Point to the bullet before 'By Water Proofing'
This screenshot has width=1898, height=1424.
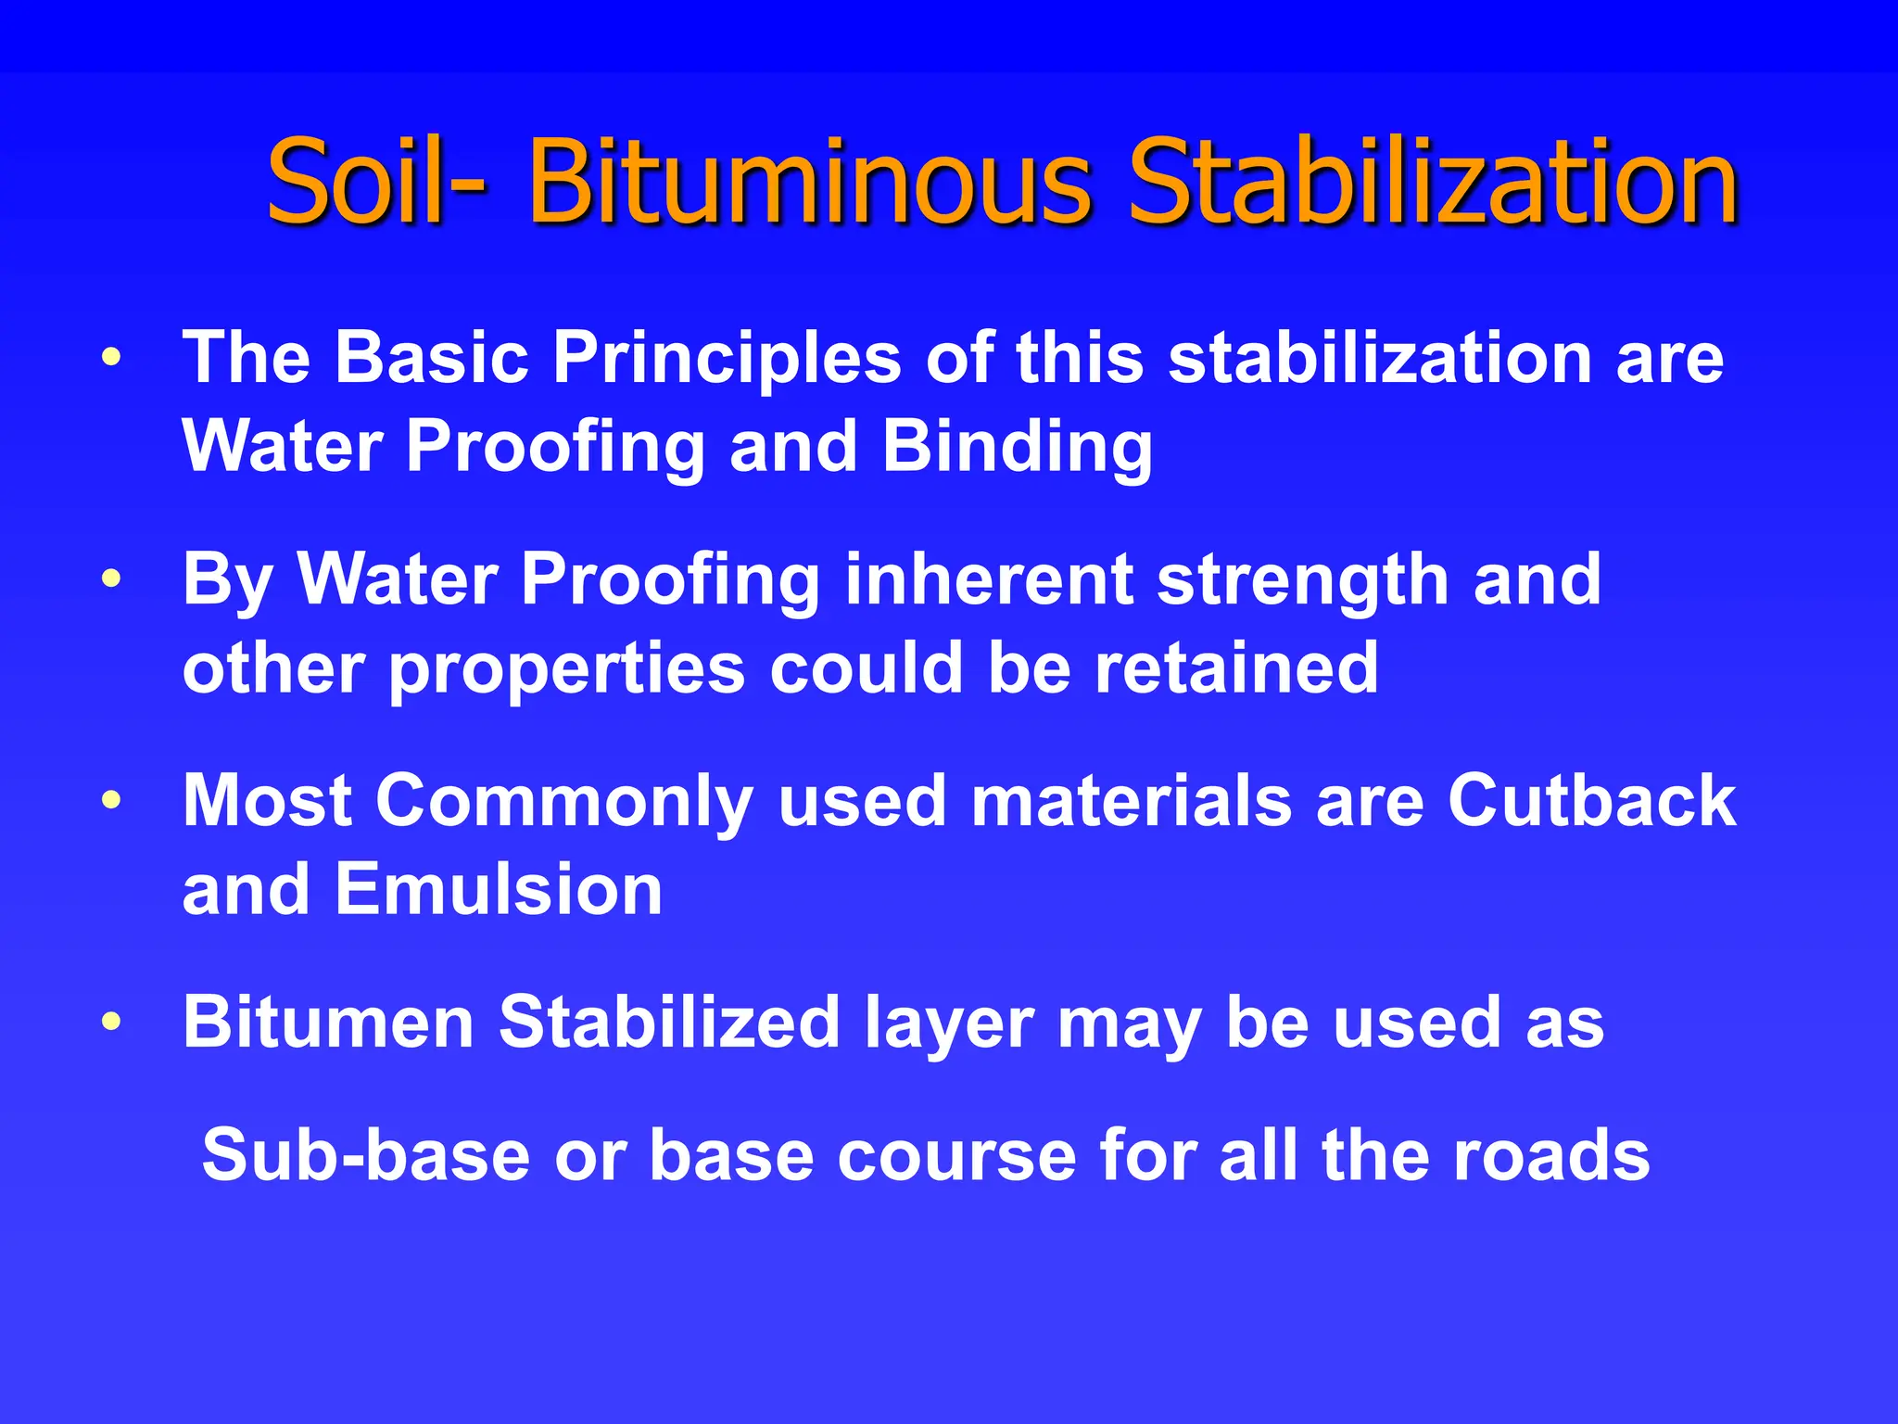point(111,579)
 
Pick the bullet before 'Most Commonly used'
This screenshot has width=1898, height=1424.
point(111,800)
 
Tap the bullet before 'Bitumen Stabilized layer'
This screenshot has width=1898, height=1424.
point(111,1022)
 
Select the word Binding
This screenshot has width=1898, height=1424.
point(1017,448)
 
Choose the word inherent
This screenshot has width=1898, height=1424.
point(988,579)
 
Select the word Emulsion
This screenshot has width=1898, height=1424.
point(499,889)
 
